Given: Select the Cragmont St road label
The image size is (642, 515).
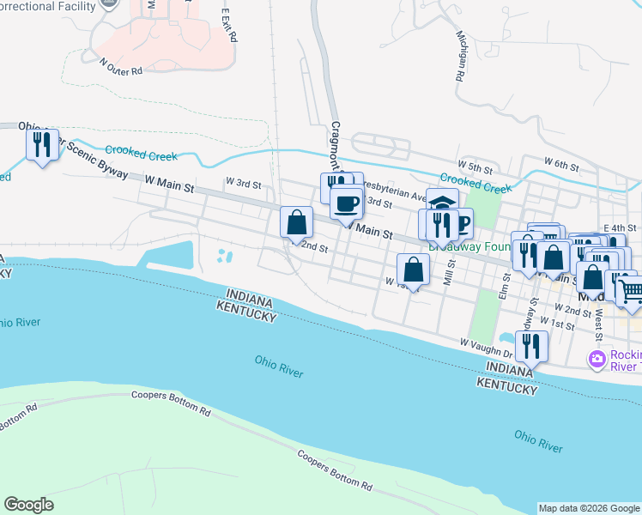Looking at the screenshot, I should (x=336, y=146).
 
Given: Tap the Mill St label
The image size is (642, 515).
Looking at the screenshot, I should (x=447, y=274).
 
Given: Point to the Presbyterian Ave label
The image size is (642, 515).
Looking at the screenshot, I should (x=396, y=194).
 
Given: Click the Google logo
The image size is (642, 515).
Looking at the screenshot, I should (x=28, y=505).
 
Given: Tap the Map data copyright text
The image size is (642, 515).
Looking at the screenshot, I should (x=589, y=508).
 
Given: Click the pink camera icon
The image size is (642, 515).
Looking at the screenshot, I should (x=595, y=357).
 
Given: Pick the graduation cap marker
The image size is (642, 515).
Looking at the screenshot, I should (x=442, y=204).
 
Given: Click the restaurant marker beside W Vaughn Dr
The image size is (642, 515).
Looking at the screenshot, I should (x=531, y=347).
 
